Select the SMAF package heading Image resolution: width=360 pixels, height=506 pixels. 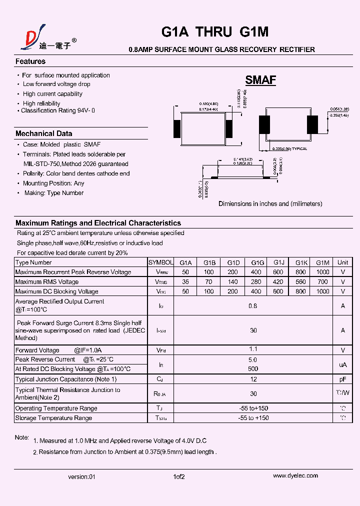tap(260, 80)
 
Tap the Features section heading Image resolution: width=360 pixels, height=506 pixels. tap(30, 61)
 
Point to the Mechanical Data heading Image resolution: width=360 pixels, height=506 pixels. tap(43, 133)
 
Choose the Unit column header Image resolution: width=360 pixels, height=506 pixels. tap(342, 262)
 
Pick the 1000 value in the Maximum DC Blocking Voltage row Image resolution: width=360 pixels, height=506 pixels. tap(323, 291)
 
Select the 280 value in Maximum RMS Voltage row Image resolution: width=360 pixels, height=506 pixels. tap(256, 282)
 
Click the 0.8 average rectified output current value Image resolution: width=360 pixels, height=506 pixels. tap(253, 306)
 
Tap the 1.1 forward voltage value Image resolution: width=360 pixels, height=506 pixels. tap(253, 349)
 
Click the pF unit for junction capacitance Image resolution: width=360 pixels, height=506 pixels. tap(342, 379)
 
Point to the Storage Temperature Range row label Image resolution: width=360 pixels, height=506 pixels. tap(53, 418)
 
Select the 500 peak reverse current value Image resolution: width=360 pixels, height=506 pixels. tap(253, 369)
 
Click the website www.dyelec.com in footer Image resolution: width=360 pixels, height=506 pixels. tap(293, 476)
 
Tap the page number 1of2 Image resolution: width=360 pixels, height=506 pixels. tap(179, 477)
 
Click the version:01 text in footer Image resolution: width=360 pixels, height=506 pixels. tap(81, 477)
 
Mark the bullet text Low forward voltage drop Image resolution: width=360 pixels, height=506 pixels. tap(56, 84)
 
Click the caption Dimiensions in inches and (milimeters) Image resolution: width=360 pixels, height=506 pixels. tap(270, 204)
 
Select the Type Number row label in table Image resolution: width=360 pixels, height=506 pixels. tap(33, 262)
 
